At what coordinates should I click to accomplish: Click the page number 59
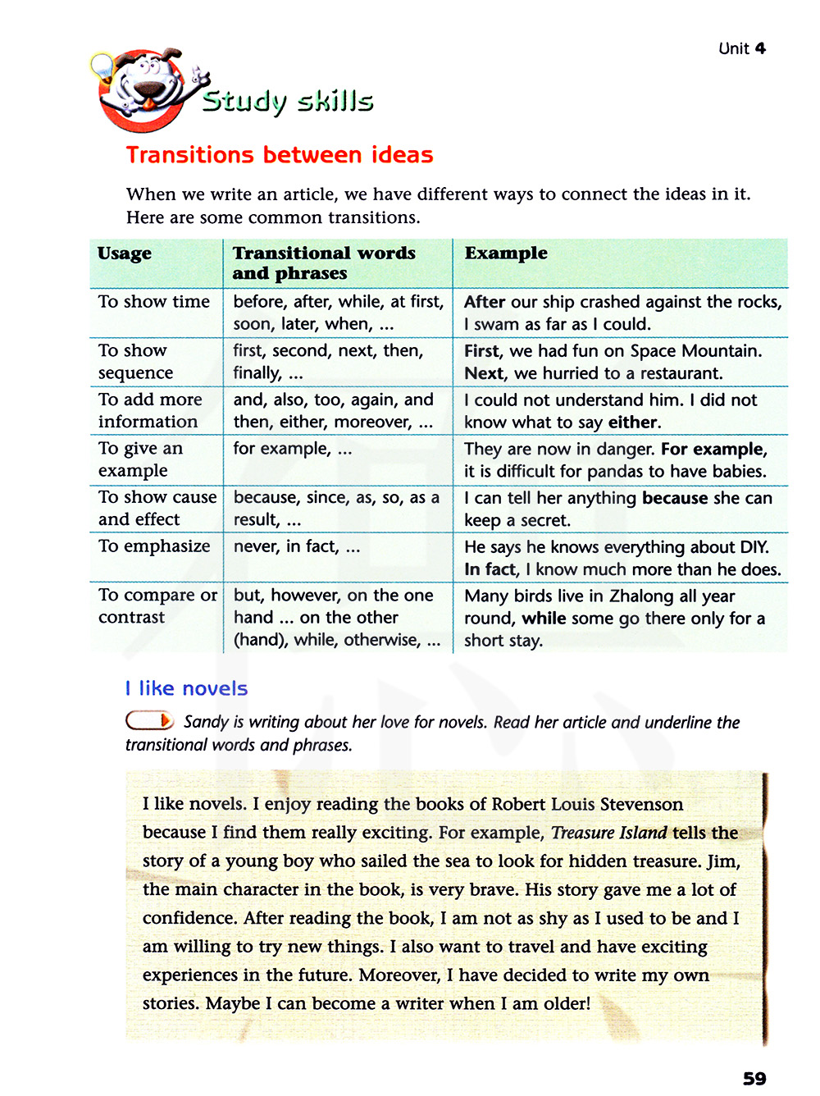pyautogui.click(x=754, y=1078)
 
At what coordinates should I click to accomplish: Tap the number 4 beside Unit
pyautogui.click(x=760, y=48)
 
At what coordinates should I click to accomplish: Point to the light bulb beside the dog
pyautogui.click(x=102, y=66)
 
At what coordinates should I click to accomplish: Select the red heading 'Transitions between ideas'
pyautogui.click(x=280, y=155)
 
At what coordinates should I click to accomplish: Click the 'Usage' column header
pyautogui.click(x=125, y=253)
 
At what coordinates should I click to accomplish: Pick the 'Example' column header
pyautogui.click(x=506, y=253)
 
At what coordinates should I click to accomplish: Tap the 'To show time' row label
pyautogui.click(x=154, y=302)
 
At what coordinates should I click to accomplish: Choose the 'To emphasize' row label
pyautogui.click(x=154, y=546)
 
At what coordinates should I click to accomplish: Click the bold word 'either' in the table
pyautogui.click(x=633, y=422)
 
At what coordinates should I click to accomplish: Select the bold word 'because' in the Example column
pyautogui.click(x=674, y=498)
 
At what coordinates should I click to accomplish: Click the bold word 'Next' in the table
pyautogui.click(x=484, y=373)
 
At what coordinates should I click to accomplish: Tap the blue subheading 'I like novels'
pyautogui.click(x=186, y=688)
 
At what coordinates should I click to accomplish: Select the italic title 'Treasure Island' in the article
pyautogui.click(x=608, y=833)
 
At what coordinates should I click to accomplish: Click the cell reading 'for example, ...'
pyautogui.click(x=292, y=449)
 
